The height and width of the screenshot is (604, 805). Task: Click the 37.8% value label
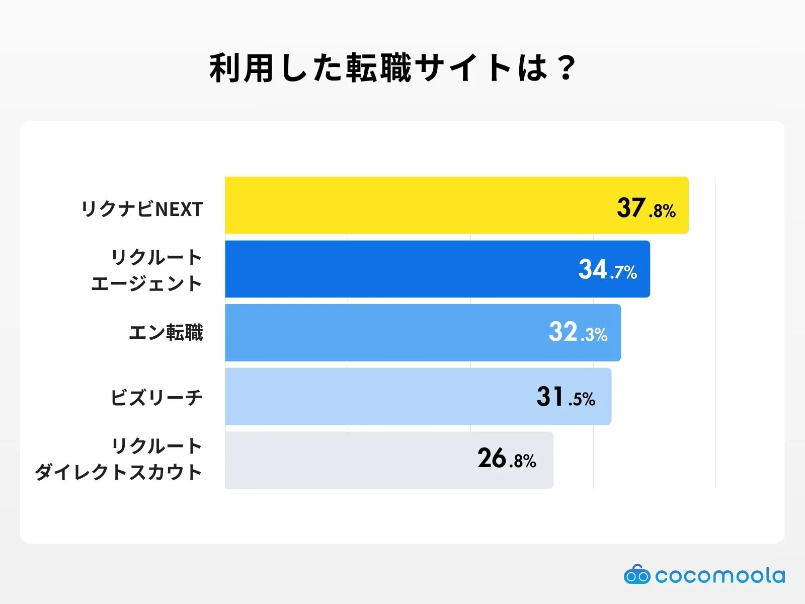[646, 208]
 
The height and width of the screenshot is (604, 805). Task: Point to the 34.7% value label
[607, 270]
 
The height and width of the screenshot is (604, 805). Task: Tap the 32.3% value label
[578, 333]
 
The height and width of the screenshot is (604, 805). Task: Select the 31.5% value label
[566, 397]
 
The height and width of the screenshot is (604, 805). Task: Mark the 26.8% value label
[507, 459]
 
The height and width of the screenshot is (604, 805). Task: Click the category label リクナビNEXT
[142, 209]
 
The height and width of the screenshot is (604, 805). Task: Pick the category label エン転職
[166, 333]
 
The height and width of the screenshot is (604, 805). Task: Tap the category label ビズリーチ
[156, 398]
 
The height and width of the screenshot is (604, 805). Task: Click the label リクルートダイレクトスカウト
[119, 459]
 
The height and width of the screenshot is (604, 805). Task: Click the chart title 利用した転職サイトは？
[392, 68]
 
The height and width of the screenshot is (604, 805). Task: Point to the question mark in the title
[566, 68]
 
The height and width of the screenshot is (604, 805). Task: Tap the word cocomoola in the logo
[720, 575]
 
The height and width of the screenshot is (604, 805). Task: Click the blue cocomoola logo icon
[637, 574]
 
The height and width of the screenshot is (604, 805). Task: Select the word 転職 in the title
[378, 68]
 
